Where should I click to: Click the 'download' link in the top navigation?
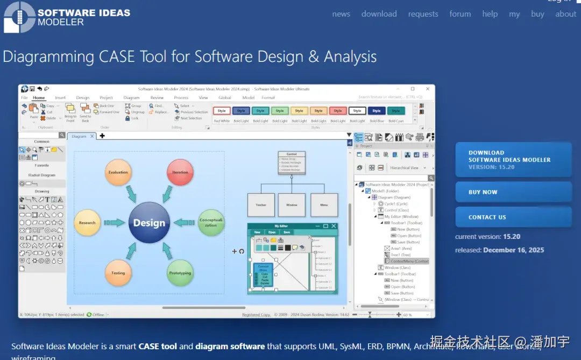click(x=379, y=14)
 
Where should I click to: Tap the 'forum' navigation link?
click(x=460, y=14)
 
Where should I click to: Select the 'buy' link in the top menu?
click(x=537, y=14)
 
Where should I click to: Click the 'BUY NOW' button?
click(x=513, y=192)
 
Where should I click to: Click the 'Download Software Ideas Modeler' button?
click(x=513, y=160)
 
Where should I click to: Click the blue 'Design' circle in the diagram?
click(x=149, y=223)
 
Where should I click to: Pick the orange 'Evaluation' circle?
click(x=118, y=173)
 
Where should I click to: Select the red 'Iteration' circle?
click(x=180, y=173)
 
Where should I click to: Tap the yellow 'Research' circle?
click(x=87, y=223)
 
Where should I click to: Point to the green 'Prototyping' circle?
click(x=180, y=273)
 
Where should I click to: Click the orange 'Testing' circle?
click(x=118, y=273)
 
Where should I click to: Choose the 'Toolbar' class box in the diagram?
click(x=261, y=205)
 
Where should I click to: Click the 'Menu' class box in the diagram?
click(x=324, y=205)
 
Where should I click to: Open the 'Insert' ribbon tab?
click(x=60, y=98)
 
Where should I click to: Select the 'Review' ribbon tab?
click(x=157, y=98)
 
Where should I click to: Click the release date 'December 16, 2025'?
click(x=513, y=250)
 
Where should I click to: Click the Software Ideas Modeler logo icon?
click(x=18, y=17)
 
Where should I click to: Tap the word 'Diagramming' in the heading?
click(x=48, y=57)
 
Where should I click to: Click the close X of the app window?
click(x=427, y=89)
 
